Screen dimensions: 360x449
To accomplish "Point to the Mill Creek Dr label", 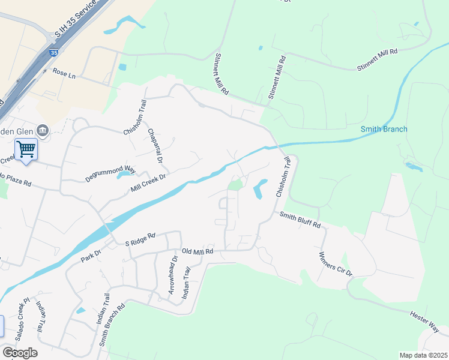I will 148,184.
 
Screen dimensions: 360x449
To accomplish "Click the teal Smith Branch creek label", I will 384,129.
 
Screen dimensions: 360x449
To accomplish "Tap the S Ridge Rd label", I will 140,239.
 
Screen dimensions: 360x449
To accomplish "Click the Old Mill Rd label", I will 197,252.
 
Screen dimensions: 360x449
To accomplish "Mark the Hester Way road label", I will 425,319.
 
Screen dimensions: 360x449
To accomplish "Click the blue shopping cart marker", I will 26,148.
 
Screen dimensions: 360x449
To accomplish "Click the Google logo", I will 20,352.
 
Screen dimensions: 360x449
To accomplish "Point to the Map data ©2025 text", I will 423,355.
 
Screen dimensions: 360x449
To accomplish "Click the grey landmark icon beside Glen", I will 43,130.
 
